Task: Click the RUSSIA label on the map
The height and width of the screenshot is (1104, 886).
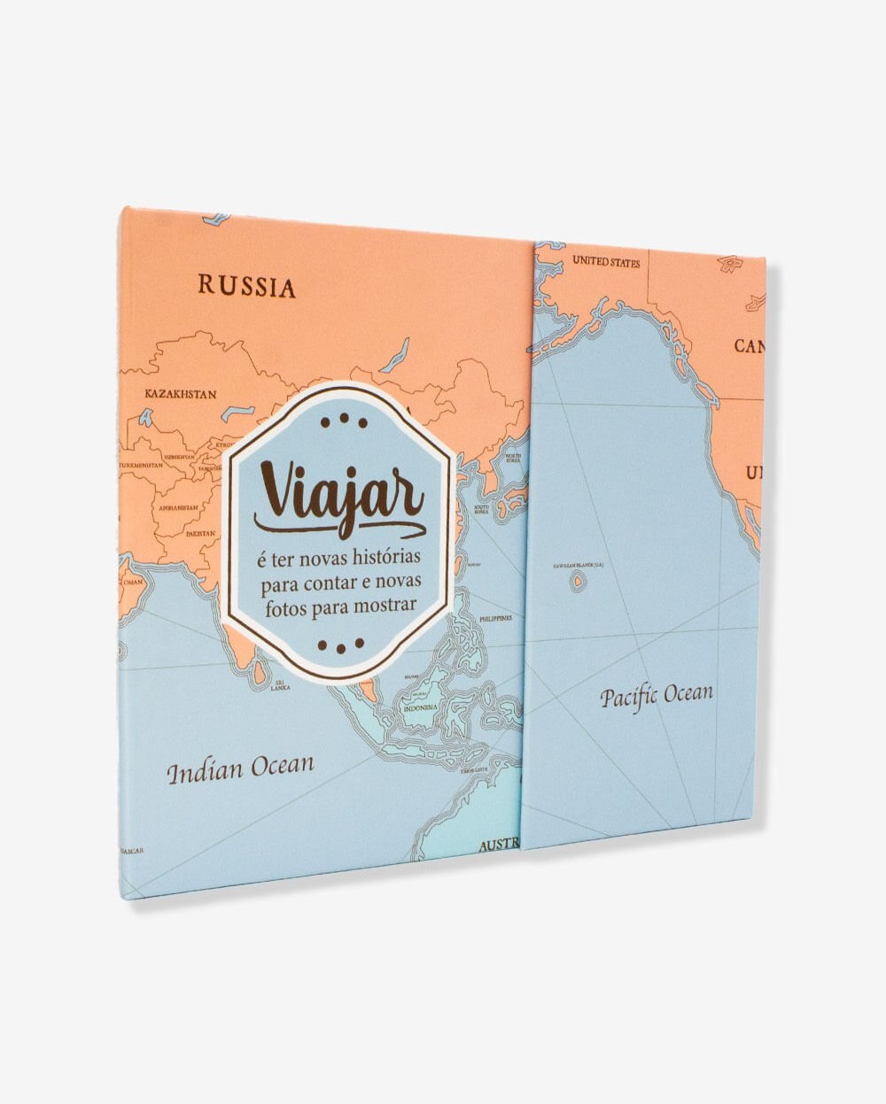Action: click(x=246, y=286)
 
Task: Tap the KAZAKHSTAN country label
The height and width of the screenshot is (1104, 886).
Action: click(x=181, y=394)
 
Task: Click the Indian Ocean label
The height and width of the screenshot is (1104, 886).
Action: click(x=240, y=768)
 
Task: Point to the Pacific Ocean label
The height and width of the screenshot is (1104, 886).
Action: click(x=657, y=693)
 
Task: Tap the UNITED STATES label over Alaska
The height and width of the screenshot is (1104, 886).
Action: click(x=606, y=262)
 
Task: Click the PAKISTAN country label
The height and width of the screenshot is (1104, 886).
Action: click(x=201, y=533)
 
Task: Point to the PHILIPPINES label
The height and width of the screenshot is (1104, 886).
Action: click(x=495, y=618)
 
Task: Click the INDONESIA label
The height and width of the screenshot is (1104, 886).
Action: click(x=420, y=708)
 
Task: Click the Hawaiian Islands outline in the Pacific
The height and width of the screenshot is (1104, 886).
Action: click(x=579, y=583)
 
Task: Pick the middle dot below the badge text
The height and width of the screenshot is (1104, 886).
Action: click(x=341, y=649)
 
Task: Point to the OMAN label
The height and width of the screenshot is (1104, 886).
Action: click(x=132, y=582)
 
